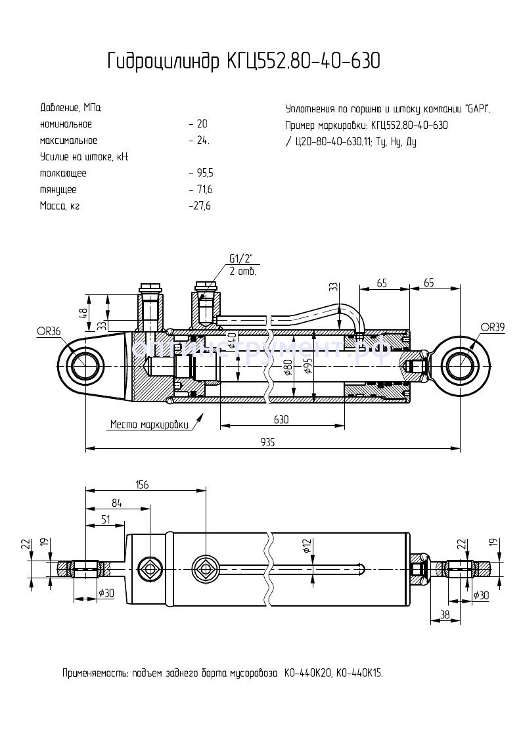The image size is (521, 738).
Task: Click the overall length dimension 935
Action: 267,442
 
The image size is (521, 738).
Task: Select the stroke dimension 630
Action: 281,419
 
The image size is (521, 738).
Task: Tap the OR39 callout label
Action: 492,327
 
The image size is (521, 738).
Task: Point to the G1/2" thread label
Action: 241,258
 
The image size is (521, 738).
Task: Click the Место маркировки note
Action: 148,424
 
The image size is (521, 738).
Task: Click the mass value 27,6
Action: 200,206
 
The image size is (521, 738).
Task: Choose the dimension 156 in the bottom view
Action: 141,485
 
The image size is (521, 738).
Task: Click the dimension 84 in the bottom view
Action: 117,503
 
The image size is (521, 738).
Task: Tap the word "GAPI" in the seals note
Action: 476,108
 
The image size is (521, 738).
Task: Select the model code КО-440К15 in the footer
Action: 361,674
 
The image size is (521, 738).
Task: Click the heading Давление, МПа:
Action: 71,107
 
